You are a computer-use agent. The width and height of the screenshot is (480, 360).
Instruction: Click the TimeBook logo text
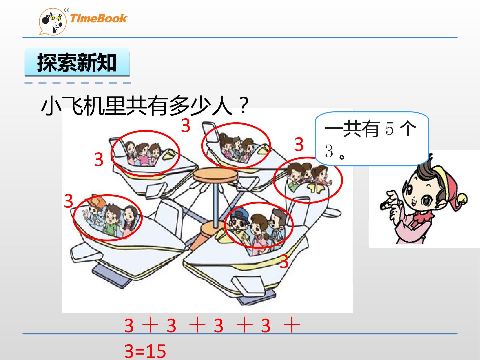[x=98, y=18]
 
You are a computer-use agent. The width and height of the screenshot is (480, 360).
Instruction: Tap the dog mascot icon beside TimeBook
[x=53, y=22]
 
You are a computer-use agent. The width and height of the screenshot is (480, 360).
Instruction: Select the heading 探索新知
[x=77, y=63]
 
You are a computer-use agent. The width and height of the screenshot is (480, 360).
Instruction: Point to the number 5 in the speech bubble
[x=389, y=129]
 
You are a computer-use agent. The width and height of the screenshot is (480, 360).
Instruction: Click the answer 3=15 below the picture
[x=145, y=351]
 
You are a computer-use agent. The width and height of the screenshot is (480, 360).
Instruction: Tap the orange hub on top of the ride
[x=215, y=175]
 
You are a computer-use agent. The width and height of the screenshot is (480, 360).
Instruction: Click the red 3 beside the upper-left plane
[x=99, y=160]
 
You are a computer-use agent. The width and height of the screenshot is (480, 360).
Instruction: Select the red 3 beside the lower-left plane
[x=68, y=201]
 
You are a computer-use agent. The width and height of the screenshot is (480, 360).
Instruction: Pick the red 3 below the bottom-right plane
[x=284, y=262]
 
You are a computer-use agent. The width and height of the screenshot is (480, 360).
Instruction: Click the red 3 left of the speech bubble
[x=299, y=144]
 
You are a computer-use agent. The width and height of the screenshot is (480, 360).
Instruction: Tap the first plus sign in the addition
[x=150, y=325]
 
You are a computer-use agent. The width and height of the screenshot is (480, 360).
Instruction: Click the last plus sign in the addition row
[x=291, y=325]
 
